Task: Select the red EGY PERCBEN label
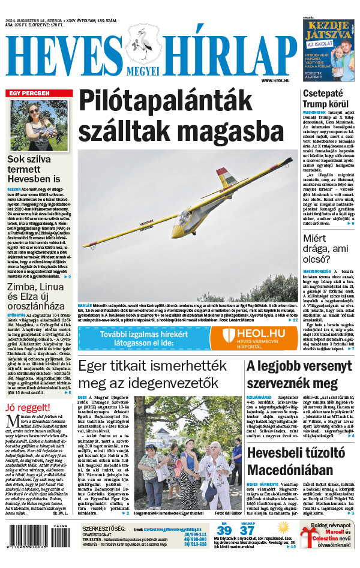tap(28, 94)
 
